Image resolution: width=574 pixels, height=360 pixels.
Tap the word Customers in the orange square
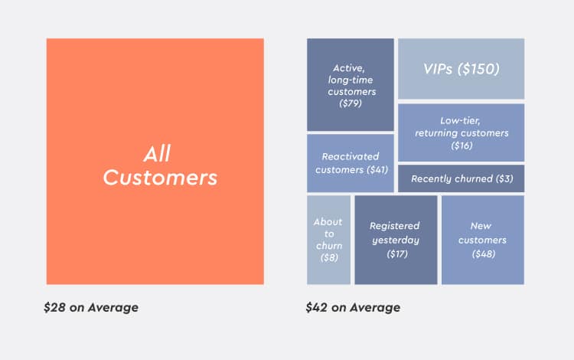pyautogui.click(x=160, y=178)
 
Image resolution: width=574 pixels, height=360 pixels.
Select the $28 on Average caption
pyautogui.click(x=91, y=308)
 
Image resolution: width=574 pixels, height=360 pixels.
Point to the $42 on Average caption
pyautogui.click(x=353, y=308)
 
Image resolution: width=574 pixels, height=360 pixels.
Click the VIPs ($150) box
pyautogui.click(x=461, y=69)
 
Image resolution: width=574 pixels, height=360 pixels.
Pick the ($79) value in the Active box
pyautogui.click(x=351, y=103)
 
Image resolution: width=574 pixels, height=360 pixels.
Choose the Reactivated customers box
pyautogui.click(x=351, y=162)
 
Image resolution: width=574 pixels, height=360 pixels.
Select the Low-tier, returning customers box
pyautogui.click(x=461, y=132)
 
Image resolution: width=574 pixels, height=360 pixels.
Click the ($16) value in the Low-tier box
pyautogui.click(x=461, y=145)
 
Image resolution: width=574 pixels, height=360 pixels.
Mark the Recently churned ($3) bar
pyautogui.click(x=461, y=178)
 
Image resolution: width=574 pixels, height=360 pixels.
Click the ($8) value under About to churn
pyautogui.click(x=328, y=258)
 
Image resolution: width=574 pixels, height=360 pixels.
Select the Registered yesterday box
pyautogui.click(x=396, y=239)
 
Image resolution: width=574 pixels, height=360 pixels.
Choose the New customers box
pyautogui.click(x=483, y=239)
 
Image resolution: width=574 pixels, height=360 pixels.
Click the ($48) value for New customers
pyautogui.click(x=483, y=254)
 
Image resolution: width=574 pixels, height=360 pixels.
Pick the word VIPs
pyautogui.click(x=440, y=69)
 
